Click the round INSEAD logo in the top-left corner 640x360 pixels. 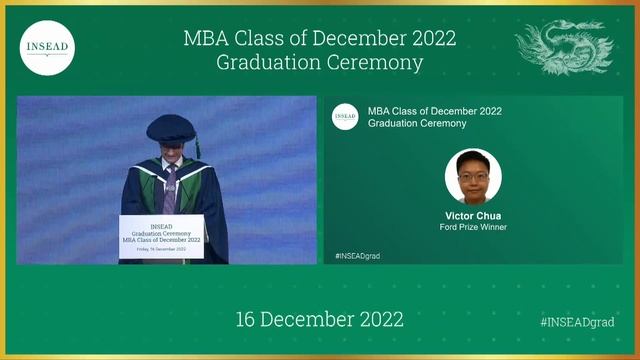pos(47,47)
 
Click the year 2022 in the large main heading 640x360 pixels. pos(431,39)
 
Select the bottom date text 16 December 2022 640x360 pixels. pos(319,320)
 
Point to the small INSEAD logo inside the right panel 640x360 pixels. pos(345,117)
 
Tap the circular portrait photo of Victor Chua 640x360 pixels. pos(473,177)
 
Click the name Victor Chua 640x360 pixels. pos(473,215)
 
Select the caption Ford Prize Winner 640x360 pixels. pos(473,227)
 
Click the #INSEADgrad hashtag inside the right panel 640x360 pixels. pos(358,256)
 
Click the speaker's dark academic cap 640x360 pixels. pos(169,128)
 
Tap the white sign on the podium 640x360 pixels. pos(161,237)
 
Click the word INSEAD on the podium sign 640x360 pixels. pos(161,227)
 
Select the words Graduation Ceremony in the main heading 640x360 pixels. pos(319,62)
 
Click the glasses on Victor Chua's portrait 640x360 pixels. pos(473,172)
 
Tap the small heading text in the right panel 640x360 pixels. pos(435,117)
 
